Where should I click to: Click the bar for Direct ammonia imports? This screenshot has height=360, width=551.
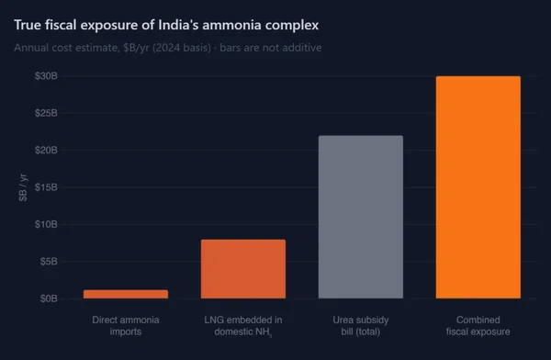pos(126,294)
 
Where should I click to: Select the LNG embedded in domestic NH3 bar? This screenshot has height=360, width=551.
pos(243,269)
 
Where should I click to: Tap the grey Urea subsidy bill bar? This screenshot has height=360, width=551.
pos(361,218)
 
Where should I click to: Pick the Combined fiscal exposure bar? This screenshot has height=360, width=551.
pos(478,187)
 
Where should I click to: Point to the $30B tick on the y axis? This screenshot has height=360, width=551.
pos(46,76)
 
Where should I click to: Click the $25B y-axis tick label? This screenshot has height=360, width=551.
pos(46,113)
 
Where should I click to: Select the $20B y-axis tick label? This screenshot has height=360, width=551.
pos(46,150)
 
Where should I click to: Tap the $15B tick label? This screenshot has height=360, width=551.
pos(46,187)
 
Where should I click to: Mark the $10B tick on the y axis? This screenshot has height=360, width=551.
pos(46,224)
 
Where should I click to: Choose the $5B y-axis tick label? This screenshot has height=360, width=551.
pos(49,262)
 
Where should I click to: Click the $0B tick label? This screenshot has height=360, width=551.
pos(49,298)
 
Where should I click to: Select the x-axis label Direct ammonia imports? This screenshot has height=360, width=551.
pos(126,325)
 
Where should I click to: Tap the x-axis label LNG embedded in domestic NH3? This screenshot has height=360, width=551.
pos(243,325)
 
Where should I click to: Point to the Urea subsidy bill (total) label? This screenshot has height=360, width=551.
pos(361,325)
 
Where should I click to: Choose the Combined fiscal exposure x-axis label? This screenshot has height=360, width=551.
pos(478,325)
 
